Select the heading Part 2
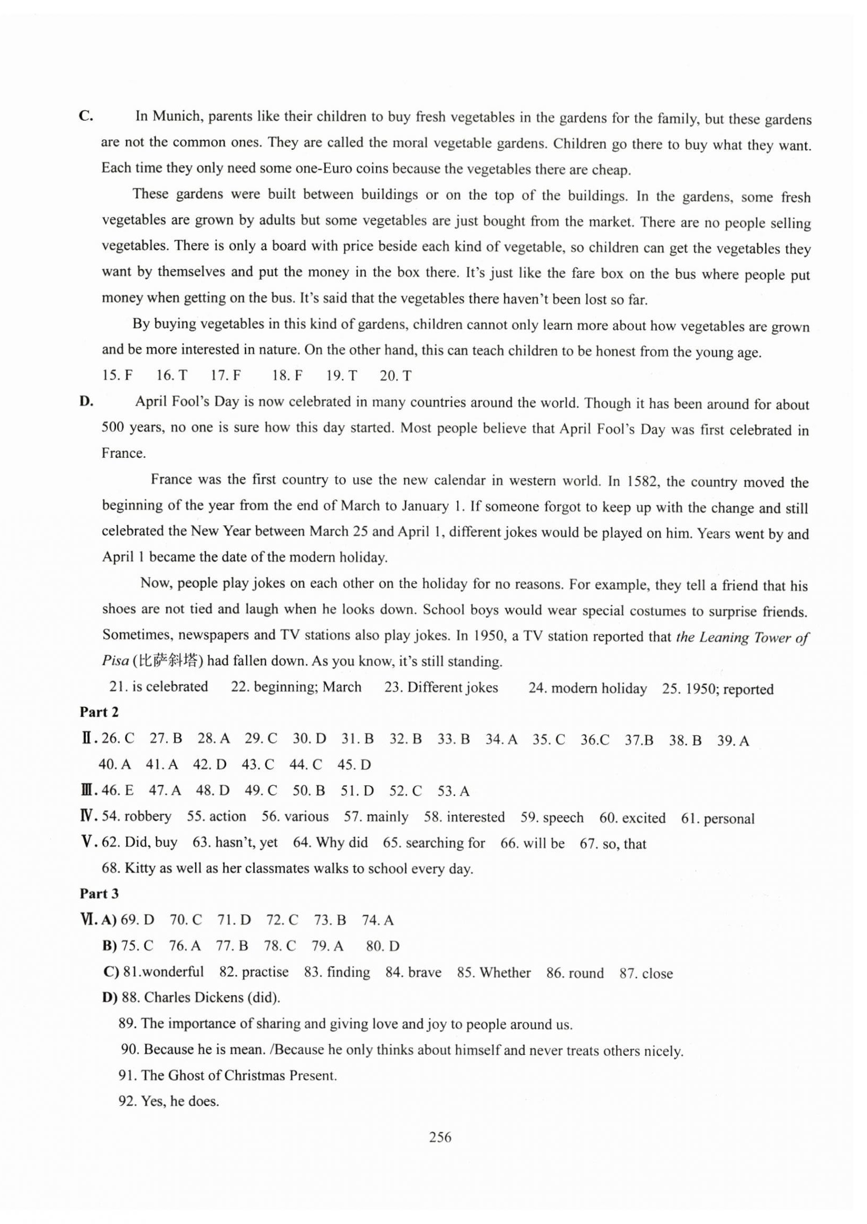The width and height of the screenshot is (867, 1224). tap(99, 712)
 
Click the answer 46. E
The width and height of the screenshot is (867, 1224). tap(118, 791)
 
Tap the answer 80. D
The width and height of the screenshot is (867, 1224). tap(382, 947)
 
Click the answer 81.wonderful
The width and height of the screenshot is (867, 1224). tap(163, 971)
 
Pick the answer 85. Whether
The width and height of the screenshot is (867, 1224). tap(493, 972)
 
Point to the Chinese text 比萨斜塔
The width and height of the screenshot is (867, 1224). tap(168, 661)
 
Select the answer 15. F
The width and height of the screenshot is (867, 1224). tap(117, 375)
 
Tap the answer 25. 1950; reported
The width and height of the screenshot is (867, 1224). tap(717, 689)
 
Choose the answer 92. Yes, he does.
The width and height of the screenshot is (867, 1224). tap(169, 1101)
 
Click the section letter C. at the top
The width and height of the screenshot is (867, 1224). tap(86, 116)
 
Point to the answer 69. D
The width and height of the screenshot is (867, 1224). tap(137, 920)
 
